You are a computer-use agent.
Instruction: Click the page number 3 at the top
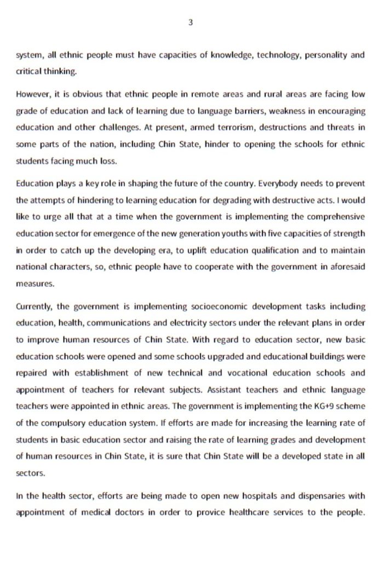pyautogui.click(x=190, y=23)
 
